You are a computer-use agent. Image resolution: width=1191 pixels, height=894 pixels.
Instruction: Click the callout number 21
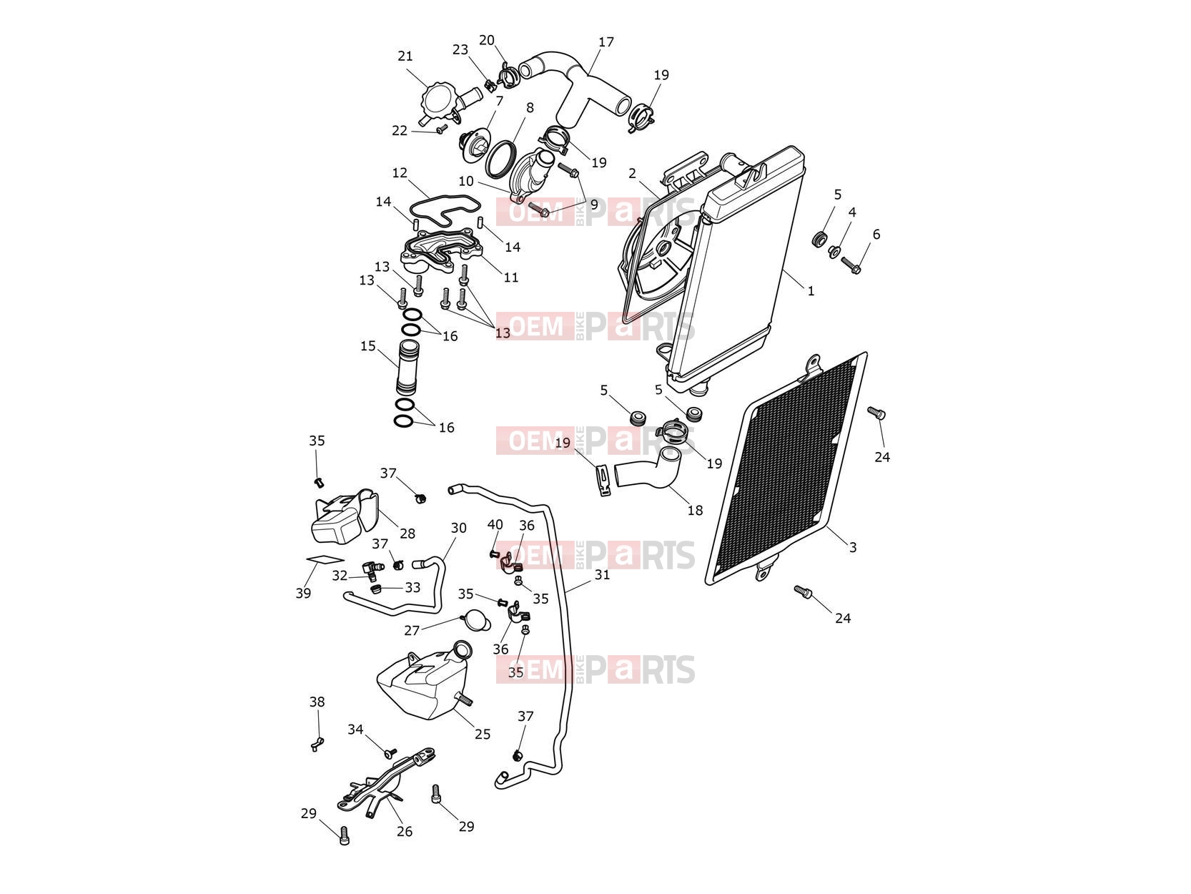[x=405, y=56]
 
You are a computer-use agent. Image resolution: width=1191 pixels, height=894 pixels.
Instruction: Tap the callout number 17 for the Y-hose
[x=606, y=41]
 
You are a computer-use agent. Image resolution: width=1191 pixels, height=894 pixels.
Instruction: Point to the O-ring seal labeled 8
[x=500, y=159]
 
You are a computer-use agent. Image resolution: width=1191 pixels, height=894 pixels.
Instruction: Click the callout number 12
[x=400, y=172]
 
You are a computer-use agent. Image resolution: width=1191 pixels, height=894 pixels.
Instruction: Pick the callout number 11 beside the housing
[x=511, y=277]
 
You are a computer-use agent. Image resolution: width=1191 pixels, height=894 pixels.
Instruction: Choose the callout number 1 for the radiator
[x=811, y=291]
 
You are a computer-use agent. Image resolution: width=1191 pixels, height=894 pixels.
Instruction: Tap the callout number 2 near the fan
[x=632, y=173]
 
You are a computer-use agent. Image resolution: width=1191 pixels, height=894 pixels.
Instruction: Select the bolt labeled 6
[x=851, y=265]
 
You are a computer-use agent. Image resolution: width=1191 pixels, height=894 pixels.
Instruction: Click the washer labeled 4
[x=834, y=251]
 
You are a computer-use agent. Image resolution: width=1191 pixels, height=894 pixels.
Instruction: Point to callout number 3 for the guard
[x=852, y=547]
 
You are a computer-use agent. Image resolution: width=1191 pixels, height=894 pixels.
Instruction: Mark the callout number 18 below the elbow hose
[x=695, y=510]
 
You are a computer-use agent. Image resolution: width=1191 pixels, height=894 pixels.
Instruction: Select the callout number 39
[x=303, y=594]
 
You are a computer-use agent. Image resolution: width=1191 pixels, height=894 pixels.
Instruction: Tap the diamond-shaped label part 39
[x=325, y=559]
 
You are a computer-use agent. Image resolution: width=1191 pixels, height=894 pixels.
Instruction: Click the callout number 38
[x=317, y=702]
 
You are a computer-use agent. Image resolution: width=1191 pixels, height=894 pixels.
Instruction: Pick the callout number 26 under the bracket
[x=404, y=831]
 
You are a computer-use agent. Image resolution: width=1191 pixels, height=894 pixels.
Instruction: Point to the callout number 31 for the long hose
[x=602, y=574]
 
